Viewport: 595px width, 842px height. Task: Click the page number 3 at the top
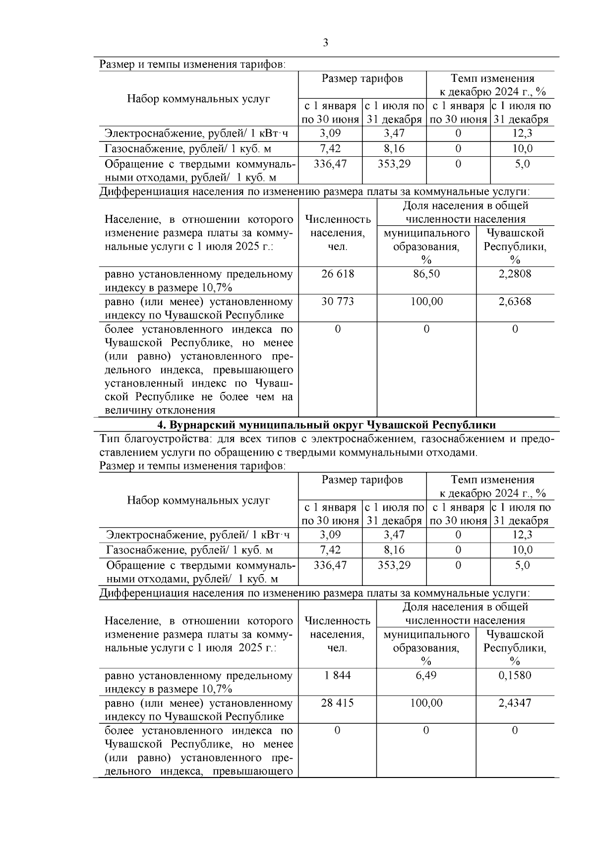coord(325,43)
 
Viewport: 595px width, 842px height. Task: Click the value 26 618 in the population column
coord(338,274)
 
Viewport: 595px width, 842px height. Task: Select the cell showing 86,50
coord(426,274)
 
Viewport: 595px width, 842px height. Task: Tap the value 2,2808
coord(515,274)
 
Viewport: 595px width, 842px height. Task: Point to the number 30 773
coord(338,302)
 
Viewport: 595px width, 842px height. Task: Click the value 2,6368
coord(515,302)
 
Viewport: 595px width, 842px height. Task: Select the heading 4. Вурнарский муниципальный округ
coord(326,425)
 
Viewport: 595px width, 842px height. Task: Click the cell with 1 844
coord(338,675)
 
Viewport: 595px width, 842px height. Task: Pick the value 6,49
coord(426,675)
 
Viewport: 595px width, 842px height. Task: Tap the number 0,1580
coord(515,675)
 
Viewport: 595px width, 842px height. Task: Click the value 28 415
coord(338,703)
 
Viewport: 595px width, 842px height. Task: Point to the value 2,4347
coord(515,703)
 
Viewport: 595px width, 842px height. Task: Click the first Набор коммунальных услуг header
coord(198,99)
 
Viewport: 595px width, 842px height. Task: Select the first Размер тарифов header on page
coord(362,78)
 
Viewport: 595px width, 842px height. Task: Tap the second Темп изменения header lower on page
coord(492,480)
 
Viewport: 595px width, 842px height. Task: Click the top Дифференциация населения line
coord(314,192)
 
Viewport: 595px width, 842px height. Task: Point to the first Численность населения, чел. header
coord(338,233)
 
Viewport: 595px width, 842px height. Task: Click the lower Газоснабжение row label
coord(189,550)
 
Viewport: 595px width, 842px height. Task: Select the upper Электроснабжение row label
coord(196,133)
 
